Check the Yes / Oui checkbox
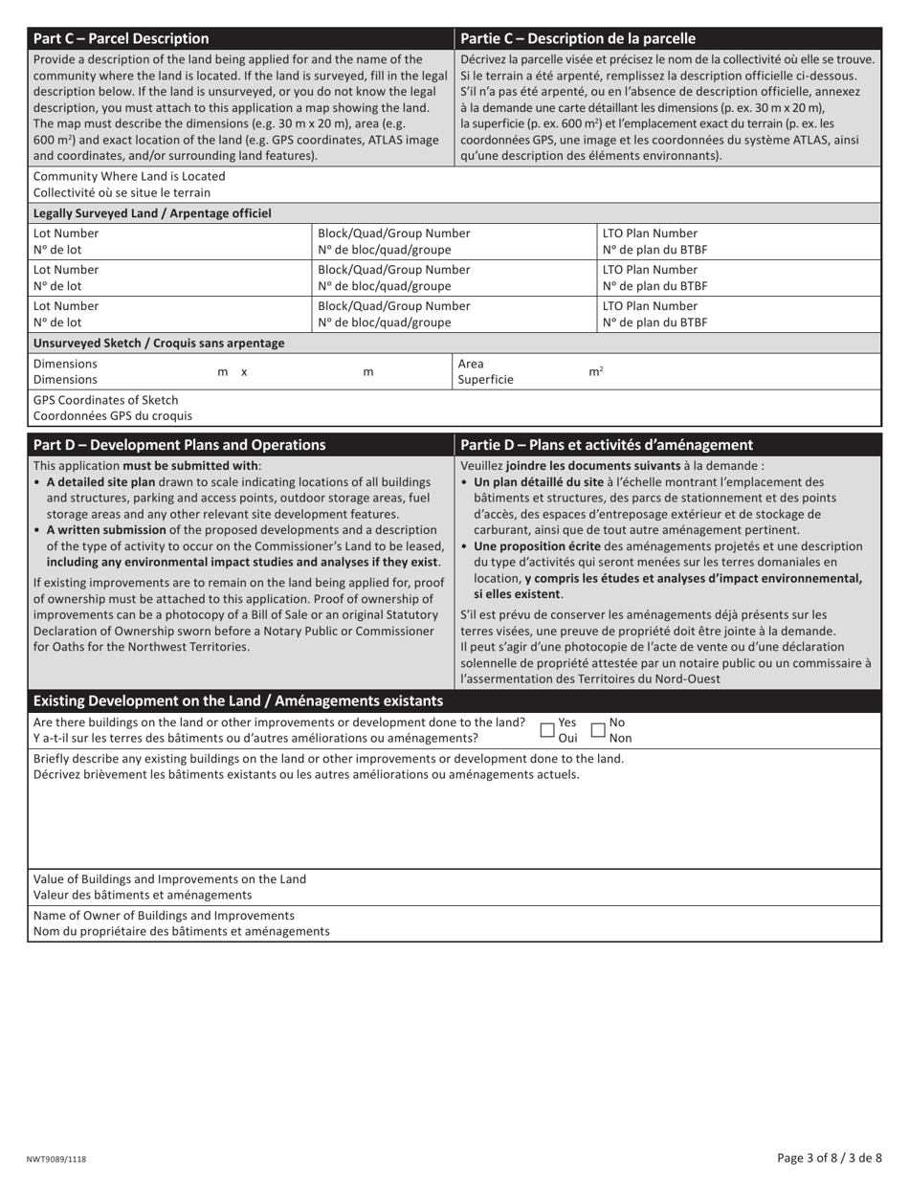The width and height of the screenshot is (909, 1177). click(547, 730)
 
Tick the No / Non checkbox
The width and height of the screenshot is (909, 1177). click(598, 730)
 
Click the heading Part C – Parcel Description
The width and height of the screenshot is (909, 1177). click(121, 38)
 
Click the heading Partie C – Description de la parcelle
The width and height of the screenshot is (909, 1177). click(577, 38)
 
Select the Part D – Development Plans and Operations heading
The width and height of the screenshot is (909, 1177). click(179, 444)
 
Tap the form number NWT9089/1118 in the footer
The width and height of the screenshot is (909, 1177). click(55, 1159)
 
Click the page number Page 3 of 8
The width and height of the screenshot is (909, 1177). click(830, 1158)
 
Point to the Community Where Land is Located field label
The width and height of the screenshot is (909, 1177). click(129, 176)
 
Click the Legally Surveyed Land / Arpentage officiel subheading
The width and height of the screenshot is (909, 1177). click(152, 213)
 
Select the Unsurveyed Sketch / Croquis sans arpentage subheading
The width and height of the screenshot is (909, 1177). click(158, 343)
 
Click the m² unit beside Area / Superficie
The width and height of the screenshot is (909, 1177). click(595, 371)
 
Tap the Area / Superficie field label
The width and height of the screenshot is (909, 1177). click(486, 371)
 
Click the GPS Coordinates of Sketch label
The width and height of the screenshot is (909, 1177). click(105, 400)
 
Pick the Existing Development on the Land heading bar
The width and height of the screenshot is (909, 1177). click(238, 700)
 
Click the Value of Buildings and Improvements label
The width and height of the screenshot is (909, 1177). click(169, 878)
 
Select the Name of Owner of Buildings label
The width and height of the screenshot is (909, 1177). click(164, 915)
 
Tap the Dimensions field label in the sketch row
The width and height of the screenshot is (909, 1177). click(65, 371)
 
